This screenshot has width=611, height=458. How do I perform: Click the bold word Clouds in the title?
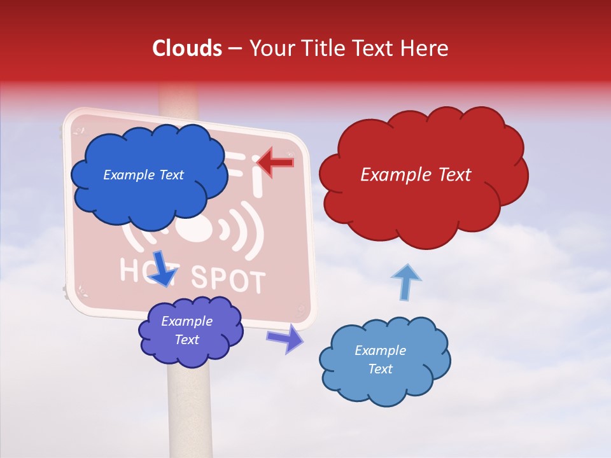coord(187,48)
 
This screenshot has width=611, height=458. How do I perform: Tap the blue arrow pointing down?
coord(165,268)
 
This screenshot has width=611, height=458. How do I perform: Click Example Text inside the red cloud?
coord(416,175)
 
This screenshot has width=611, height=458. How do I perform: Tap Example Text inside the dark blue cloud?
coord(143,175)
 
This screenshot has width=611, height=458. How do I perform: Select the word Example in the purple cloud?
coord(186,322)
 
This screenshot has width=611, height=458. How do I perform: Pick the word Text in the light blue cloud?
coord(380,369)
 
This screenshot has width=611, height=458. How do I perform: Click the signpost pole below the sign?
coord(189,413)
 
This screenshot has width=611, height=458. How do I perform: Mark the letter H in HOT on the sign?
coord(130,270)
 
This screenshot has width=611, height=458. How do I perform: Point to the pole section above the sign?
coord(179,99)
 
